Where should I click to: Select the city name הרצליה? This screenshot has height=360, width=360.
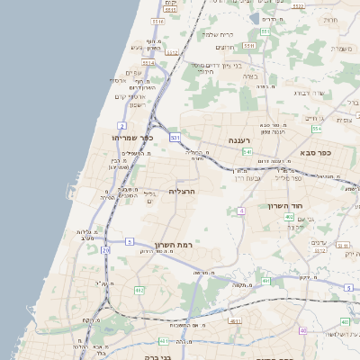pyautogui.click(x=182, y=192)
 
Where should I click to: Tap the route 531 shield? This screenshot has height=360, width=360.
pyautogui.click(x=175, y=137)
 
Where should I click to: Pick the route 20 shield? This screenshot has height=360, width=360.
pyautogui.click(x=106, y=249)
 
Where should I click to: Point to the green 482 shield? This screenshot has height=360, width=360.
pyautogui.click(x=139, y=290)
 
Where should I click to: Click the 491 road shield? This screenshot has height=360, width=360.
pyautogui.click(x=266, y=281)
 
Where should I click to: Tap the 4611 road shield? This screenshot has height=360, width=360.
pyautogui.click(x=235, y=320)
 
